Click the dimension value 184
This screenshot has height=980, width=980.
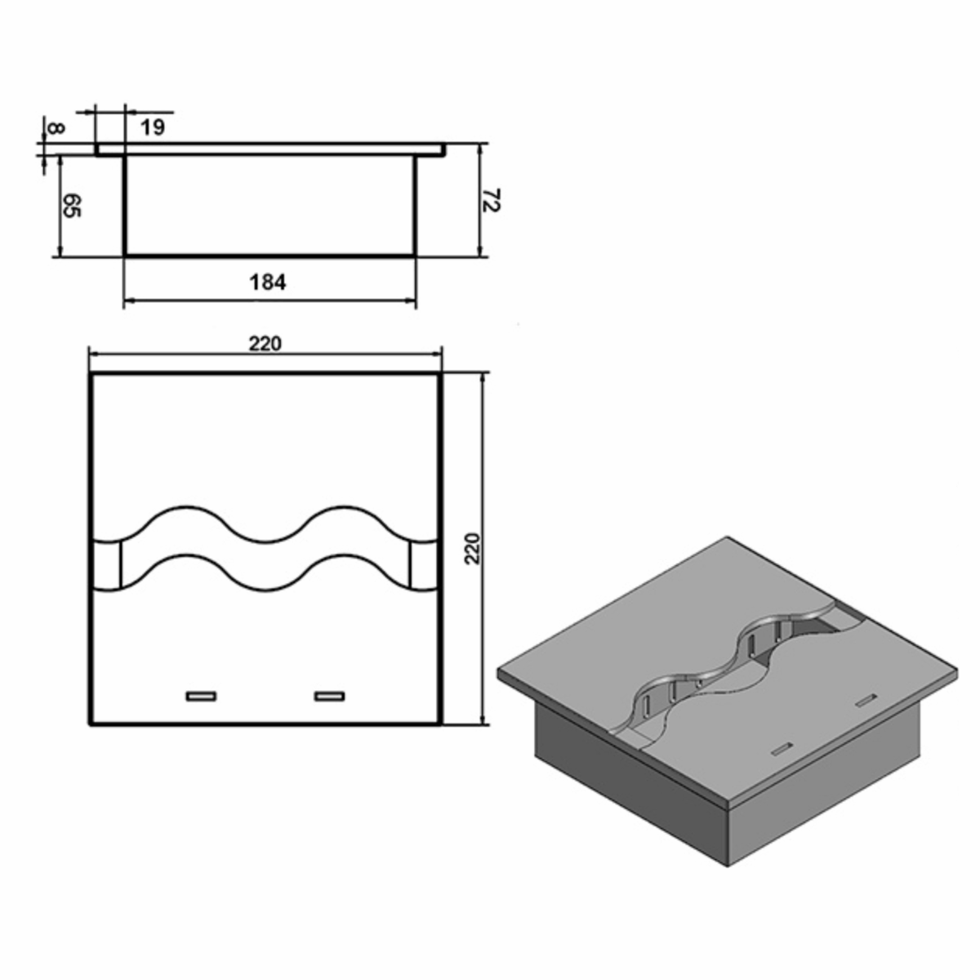click(x=268, y=283)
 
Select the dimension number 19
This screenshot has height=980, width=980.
click(x=153, y=127)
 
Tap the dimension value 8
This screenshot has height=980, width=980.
click(x=55, y=128)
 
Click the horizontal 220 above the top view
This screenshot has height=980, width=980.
click(x=265, y=344)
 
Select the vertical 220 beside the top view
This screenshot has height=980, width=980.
click(x=474, y=549)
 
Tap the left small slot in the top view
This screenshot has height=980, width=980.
click(x=200, y=696)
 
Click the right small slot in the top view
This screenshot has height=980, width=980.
click(x=330, y=696)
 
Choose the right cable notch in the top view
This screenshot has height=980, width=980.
click(x=425, y=563)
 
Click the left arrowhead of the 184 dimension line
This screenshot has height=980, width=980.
click(x=128, y=302)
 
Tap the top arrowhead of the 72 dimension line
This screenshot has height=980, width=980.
click(x=481, y=149)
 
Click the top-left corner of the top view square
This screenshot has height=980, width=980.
click(x=92, y=375)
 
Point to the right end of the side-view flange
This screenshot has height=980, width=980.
click(x=445, y=149)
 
